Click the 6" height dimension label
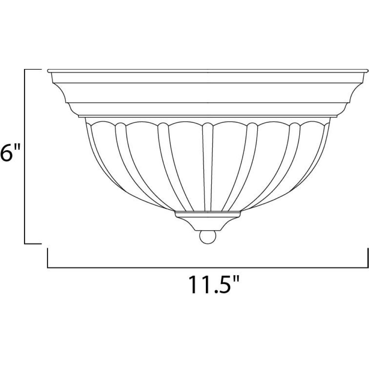(10, 152)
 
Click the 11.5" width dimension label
(214, 285)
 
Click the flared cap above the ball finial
(207, 224)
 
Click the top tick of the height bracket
(33, 70)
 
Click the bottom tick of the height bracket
(33, 244)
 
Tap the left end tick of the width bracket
(48, 258)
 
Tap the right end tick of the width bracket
(368, 258)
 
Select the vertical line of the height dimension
(25, 156)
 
